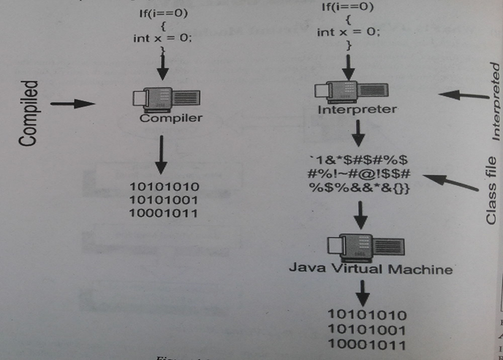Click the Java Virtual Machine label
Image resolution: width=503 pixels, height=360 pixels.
click(370, 269)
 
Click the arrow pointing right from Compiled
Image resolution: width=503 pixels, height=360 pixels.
click(75, 104)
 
